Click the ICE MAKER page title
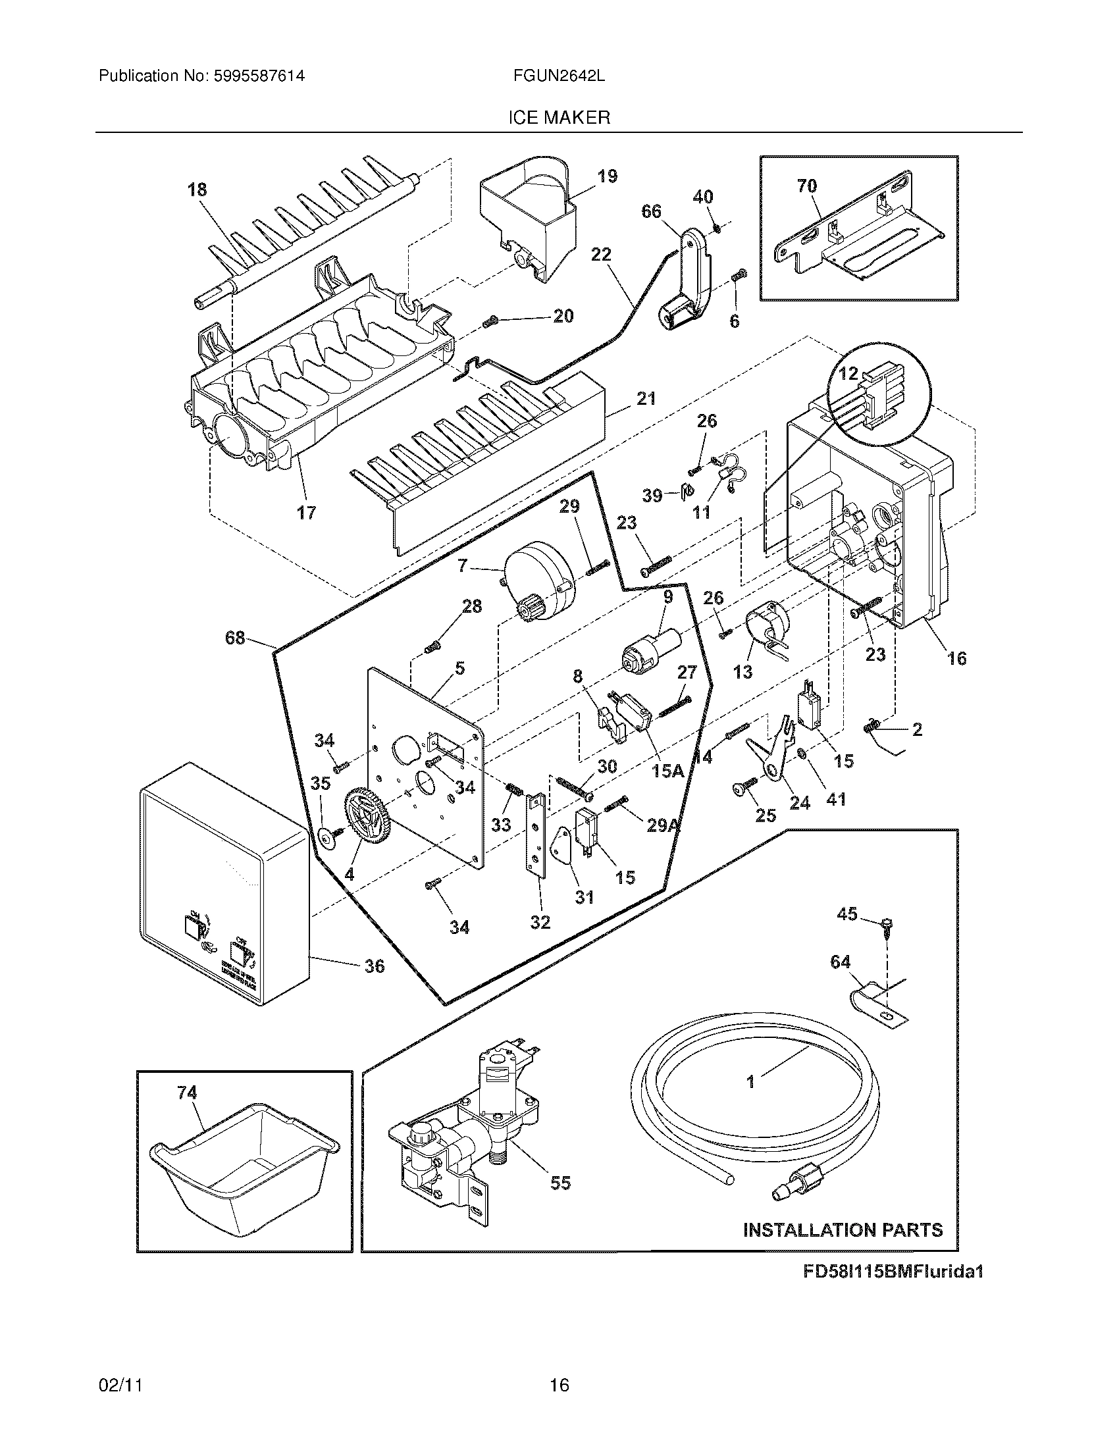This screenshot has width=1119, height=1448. pyautogui.click(x=559, y=118)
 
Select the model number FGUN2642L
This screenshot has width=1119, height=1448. pyautogui.click(x=558, y=76)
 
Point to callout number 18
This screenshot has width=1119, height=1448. pyautogui.click(x=197, y=190)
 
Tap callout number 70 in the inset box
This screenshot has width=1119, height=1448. pyautogui.click(x=807, y=186)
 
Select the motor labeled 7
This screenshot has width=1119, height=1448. pyautogui.click(x=538, y=581)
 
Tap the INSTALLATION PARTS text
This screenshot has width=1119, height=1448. pyautogui.click(x=843, y=1231)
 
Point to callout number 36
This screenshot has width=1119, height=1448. pyautogui.click(x=375, y=966)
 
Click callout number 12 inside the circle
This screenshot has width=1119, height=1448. pyautogui.click(x=848, y=373)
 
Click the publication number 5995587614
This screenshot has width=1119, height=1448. pyautogui.click(x=259, y=76)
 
